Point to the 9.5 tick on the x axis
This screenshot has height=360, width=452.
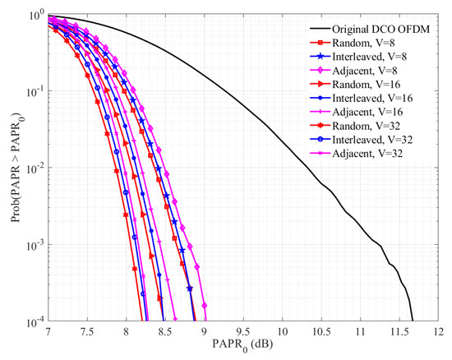(x=243, y=331)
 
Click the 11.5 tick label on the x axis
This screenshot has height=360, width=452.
(x=399, y=331)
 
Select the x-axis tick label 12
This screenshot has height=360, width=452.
(x=437, y=331)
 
